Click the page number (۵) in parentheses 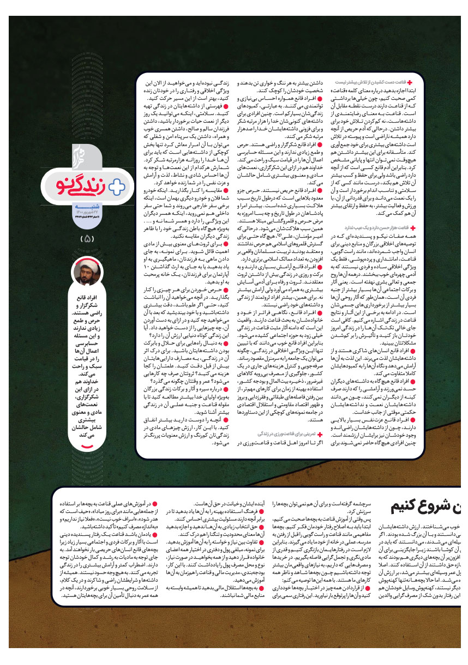point(87,238)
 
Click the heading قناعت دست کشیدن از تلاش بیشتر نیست point(377,82)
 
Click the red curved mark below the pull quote point(87,448)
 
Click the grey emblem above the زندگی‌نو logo point(80,155)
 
